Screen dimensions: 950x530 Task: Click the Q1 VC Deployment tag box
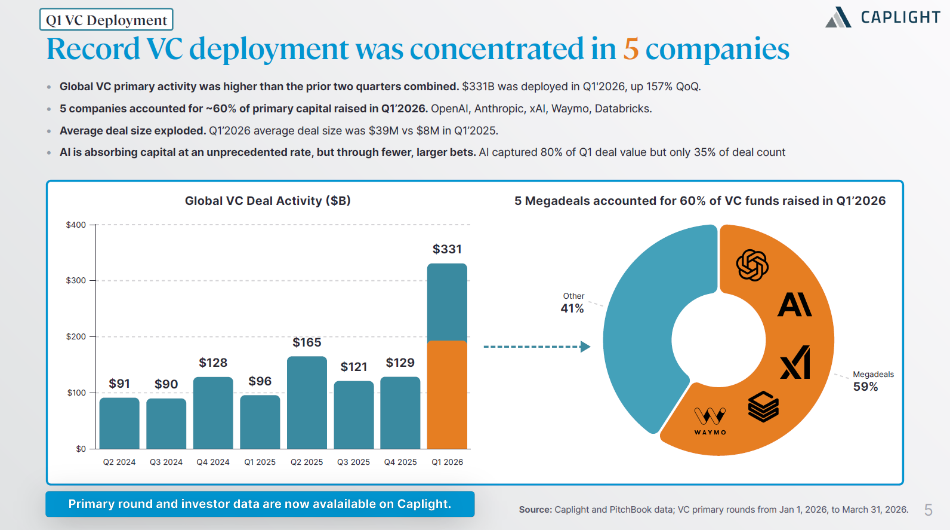pyautogui.click(x=106, y=20)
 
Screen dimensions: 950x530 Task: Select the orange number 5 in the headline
pyautogui.click(x=631, y=49)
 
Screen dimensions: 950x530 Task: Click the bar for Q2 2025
pyautogui.click(x=307, y=403)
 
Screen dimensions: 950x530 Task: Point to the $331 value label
pyautogui.click(x=447, y=249)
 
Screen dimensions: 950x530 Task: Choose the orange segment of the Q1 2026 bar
pyautogui.click(x=447, y=394)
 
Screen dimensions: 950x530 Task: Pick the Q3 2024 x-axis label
pyautogui.click(x=166, y=462)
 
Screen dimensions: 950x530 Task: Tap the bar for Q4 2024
pyautogui.click(x=213, y=413)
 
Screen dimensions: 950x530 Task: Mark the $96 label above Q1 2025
pyautogui.click(x=260, y=381)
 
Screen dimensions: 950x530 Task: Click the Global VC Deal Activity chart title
pyautogui.click(x=267, y=201)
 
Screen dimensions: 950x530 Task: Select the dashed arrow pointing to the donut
pyautogui.click(x=537, y=347)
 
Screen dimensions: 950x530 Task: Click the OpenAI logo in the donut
pyautogui.click(x=752, y=265)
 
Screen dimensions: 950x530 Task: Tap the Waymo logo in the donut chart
pyautogui.click(x=710, y=421)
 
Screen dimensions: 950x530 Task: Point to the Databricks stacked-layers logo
pyautogui.click(x=763, y=406)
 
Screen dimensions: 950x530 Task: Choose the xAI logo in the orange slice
pyautogui.click(x=795, y=362)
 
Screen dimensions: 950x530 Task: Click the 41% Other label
pyautogui.click(x=572, y=303)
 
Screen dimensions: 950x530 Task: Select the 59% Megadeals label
pyautogui.click(x=873, y=381)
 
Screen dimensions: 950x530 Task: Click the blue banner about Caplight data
pyautogui.click(x=260, y=504)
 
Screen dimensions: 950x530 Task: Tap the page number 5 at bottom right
pyautogui.click(x=929, y=510)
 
